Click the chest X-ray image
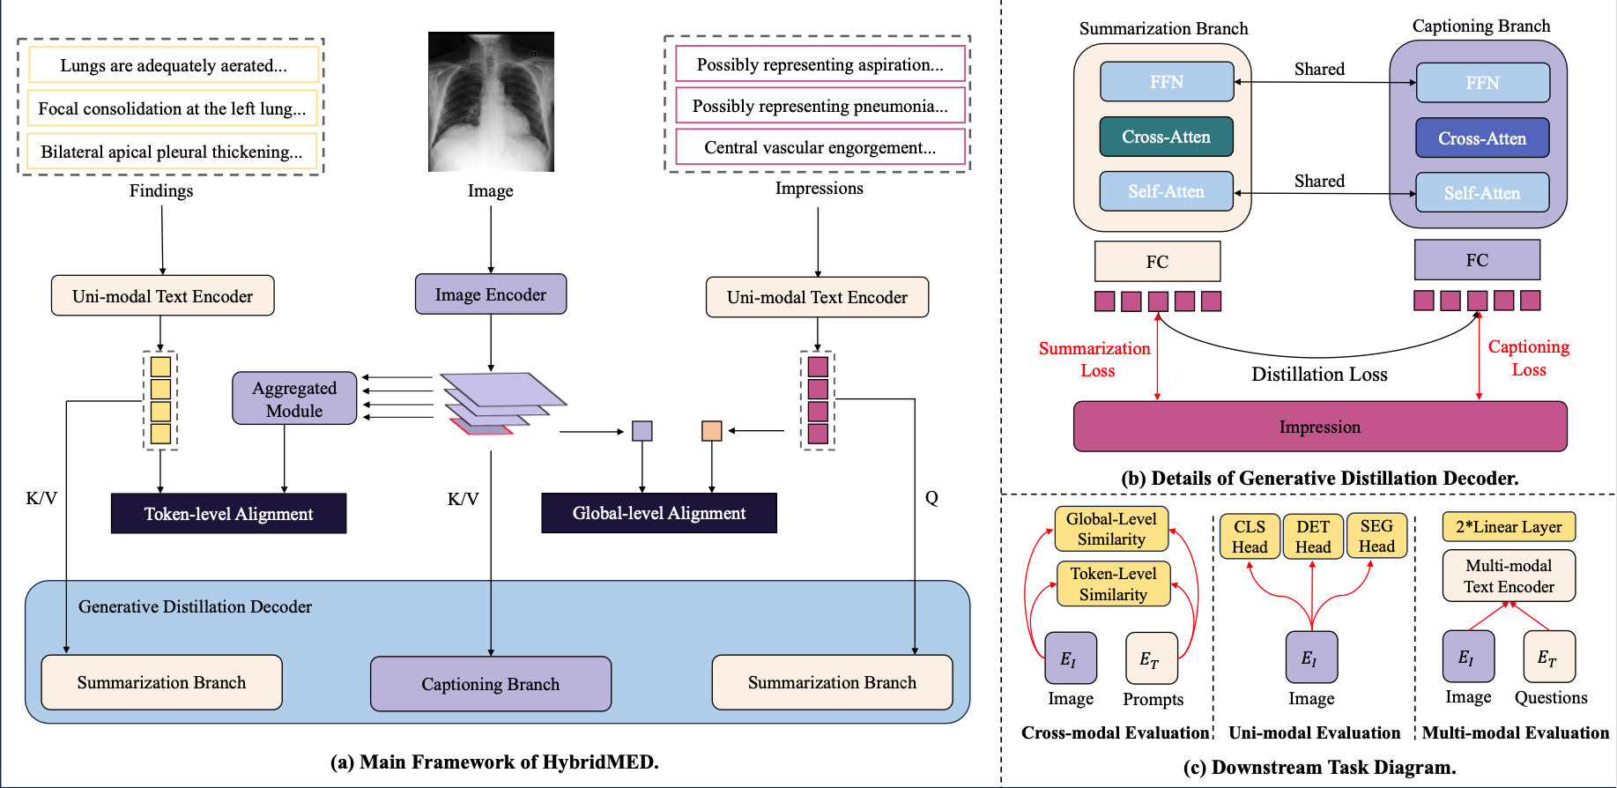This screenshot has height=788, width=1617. pyautogui.click(x=491, y=101)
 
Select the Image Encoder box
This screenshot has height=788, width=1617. pyautogui.click(x=491, y=294)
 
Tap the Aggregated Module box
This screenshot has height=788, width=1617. pyautogui.click(x=294, y=398)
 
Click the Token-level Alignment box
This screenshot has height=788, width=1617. pyautogui.click(x=228, y=514)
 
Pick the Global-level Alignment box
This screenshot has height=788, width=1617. pyautogui.click(x=658, y=513)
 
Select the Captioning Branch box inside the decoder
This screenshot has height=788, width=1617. pyautogui.click(x=491, y=684)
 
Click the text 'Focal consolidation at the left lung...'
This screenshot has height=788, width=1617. pyautogui.click(x=172, y=108)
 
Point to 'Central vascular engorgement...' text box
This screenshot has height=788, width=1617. pyautogui.click(x=820, y=147)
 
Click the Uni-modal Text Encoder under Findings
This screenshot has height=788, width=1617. pyautogui.click(x=162, y=296)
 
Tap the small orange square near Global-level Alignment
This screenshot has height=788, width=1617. pyautogui.click(x=711, y=431)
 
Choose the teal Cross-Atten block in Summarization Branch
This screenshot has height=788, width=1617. pyautogui.click(x=1166, y=137)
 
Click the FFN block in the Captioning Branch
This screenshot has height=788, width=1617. pyautogui.click(x=1482, y=83)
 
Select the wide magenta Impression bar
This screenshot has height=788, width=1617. pyautogui.click(x=1319, y=427)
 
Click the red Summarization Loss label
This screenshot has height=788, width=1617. pyautogui.click(x=1094, y=359)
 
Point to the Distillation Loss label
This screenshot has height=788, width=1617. pyautogui.click(x=1319, y=375)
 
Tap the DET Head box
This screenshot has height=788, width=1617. pyautogui.click(x=1312, y=536)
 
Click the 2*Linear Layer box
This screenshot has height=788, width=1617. pyautogui.click(x=1509, y=527)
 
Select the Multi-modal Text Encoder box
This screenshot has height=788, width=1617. pyautogui.click(x=1509, y=576)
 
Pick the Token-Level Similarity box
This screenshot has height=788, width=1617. pyautogui.click(x=1113, y=584)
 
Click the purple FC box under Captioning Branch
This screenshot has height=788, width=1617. pyautogui.click(x=1477, y=260)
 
